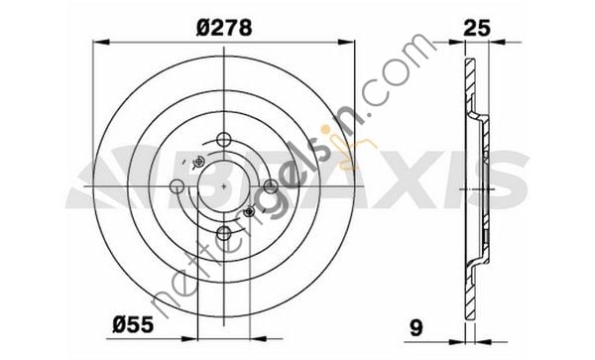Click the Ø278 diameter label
click(227, 29)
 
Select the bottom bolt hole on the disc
click(227, 234)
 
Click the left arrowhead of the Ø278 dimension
click(96, 43)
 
